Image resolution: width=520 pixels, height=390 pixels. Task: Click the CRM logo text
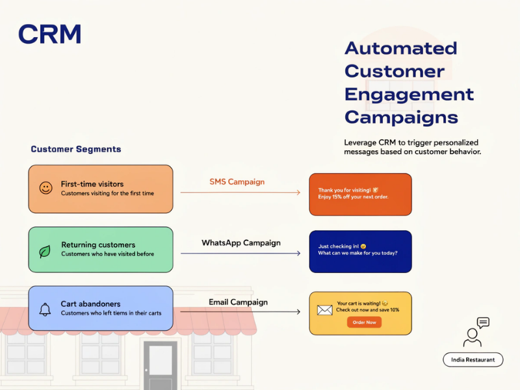point(50,34)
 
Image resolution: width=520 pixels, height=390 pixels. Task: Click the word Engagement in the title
point(409,94)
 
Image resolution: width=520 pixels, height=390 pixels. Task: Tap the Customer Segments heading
point(76,149)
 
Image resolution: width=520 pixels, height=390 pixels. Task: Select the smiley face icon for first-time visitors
point(45,188)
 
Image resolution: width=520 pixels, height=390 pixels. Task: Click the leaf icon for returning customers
point(45,250)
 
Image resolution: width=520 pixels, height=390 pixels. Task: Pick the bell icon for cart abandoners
point(45,309)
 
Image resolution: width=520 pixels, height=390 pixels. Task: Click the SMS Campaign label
point(237,182)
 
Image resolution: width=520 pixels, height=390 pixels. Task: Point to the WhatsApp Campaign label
point(240,243)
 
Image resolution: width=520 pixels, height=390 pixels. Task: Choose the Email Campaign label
point(238,302)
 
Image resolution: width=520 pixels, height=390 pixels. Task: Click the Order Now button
point(364,322)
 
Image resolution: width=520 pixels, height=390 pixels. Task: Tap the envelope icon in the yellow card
point(324,310)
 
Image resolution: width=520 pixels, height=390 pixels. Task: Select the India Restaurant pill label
point(473,359)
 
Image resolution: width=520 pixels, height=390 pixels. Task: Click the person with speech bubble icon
point(475,332)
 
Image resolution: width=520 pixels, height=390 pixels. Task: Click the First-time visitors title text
point(92,184)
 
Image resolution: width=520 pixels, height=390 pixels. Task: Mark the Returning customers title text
point(98,245)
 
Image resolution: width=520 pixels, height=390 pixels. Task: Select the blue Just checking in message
point(360,250)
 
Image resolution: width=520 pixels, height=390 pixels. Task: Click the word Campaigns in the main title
point(401,118)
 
